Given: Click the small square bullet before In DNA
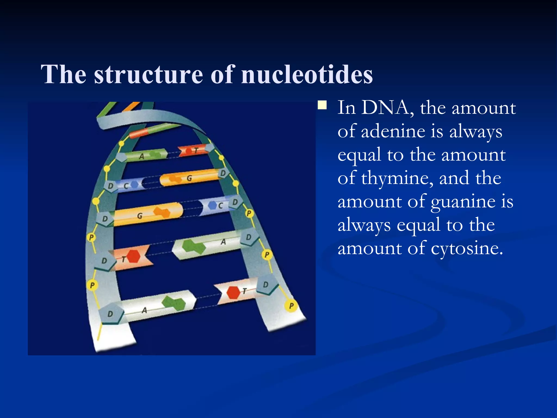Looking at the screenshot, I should (322, 105).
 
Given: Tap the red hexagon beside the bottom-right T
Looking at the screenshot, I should (233, 293).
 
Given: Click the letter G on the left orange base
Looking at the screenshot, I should (140, 216).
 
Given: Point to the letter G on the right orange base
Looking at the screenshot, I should (189, 178).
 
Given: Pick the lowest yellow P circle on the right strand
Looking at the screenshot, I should (291, 306).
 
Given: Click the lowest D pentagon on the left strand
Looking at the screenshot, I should (110, 314).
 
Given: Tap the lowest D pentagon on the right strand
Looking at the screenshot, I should (266, 285).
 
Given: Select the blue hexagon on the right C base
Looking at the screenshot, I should (212, 205).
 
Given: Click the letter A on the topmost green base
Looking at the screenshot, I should (141, 156).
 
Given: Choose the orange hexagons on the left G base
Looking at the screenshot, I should (162, 212).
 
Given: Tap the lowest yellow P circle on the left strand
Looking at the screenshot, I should (92, 285).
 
